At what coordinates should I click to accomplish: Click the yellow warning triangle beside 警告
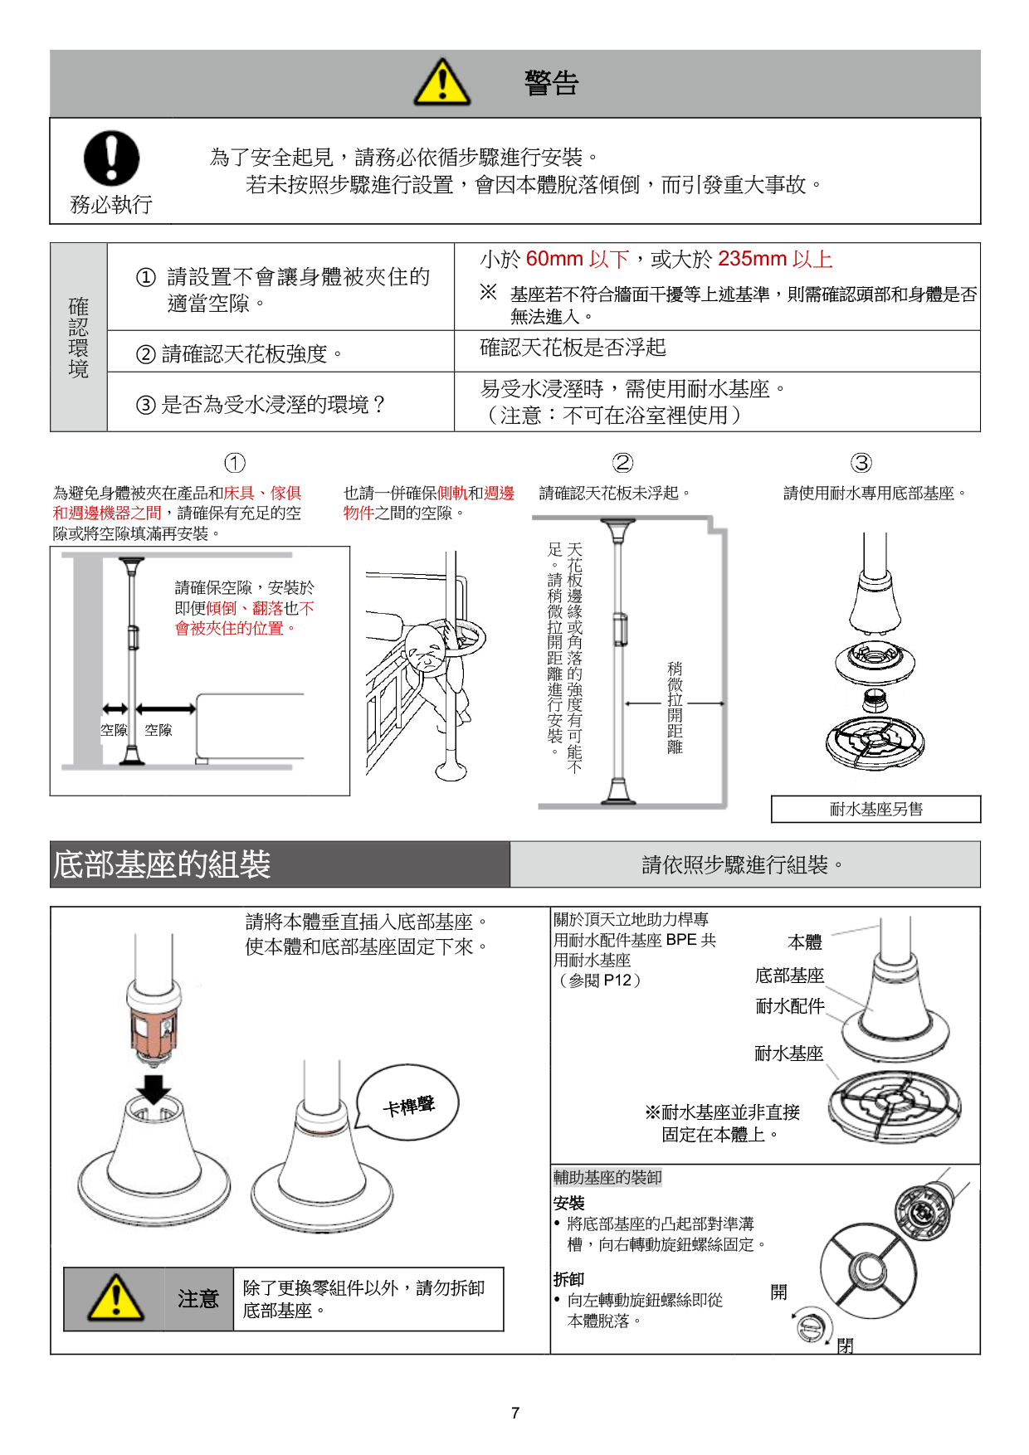pyautogui.click(x=442, y=83)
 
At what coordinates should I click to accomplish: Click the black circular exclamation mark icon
pyautogui.click(x=111, y=158)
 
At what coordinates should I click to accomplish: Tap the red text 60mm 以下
pyautogui.click(x=578, y=260)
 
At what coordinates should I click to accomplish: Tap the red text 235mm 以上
pyautogui.click(x=775, y=260)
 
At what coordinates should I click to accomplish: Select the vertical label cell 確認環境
pyautogui.click(x=79, y=338)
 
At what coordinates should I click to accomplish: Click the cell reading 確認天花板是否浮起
pyautogui.click(x=573, y=348)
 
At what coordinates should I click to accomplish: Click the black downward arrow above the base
pyautogui.click(x=154, y=1088)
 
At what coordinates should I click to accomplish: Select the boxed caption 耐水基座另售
pyautogui.click(x=875, y=810)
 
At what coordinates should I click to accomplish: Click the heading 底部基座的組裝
pyautogui.click(x=162, y=864)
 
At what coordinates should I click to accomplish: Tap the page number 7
pyautogui.click(x=515, y=1413)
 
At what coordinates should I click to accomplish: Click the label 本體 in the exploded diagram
pyautogui.click(x=804, y=942)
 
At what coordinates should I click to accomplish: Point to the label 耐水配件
pyautogui.click(x=789, y=1006)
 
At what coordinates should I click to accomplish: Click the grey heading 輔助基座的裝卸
pyautogui.click(x=607, y=1177)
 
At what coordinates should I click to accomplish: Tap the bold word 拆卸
pyautogui.click(x=569, y=1279)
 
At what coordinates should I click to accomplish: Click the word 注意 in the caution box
pyautogui.click(x=198, y=1299)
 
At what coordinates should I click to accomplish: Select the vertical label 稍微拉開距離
pyautogui.click(x=675, y=707)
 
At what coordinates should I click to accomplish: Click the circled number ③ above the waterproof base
pyautogui.click(x=861, y=463)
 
